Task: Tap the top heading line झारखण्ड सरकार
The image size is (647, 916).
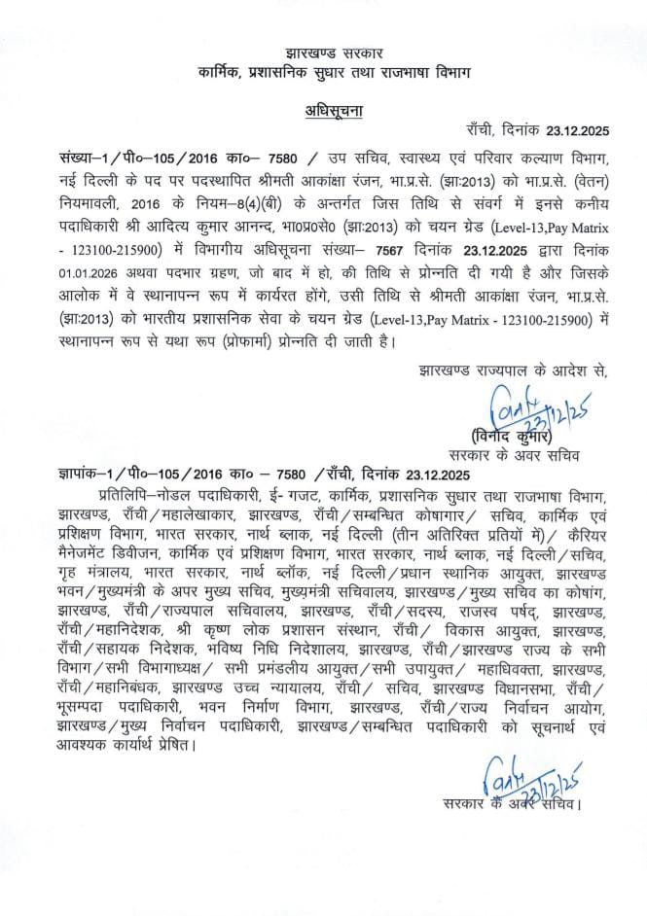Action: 325,49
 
